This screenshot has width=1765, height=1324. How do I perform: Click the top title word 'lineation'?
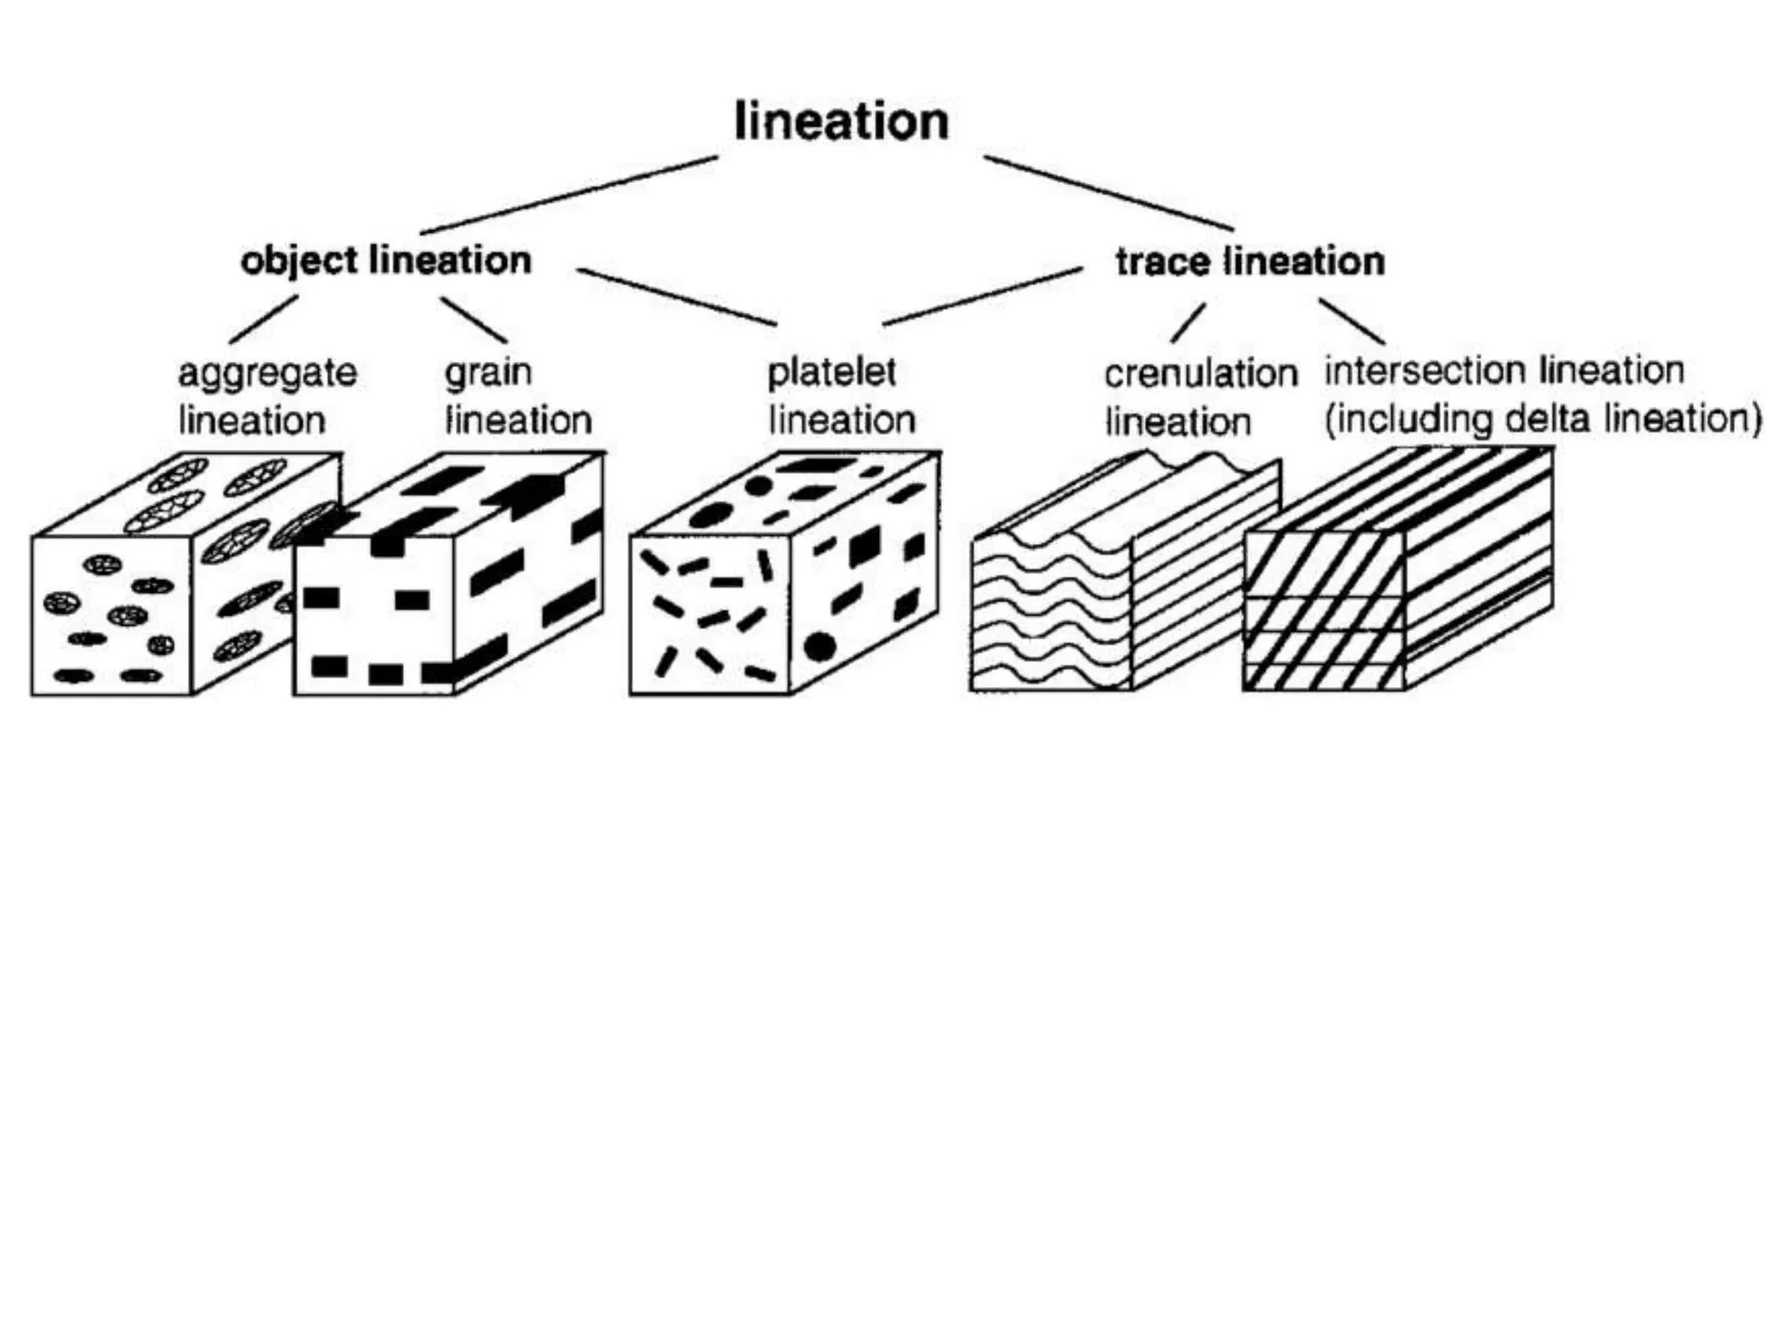(841, 122)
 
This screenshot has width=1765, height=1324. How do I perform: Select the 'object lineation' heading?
(386, 260)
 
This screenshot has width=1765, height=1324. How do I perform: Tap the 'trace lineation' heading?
(1250, 261)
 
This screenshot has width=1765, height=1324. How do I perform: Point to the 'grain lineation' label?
(517, 397)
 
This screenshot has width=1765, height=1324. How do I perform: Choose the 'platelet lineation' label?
(840, 397)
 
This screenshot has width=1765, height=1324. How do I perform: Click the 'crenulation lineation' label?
(1200, 397)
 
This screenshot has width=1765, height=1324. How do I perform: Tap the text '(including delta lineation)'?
(1542, 420)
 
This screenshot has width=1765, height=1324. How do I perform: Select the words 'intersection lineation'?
(1504, 371)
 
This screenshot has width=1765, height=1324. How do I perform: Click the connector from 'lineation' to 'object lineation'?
(569, 195)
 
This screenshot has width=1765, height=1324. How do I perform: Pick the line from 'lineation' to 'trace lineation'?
(1108, 193)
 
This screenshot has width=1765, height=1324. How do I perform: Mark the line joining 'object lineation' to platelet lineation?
(677, 297)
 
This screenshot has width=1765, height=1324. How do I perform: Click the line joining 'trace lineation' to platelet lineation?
(982, 297)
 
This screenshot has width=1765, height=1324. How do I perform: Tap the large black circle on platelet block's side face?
(820, 646)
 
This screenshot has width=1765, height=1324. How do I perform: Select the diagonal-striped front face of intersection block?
(1323, 612)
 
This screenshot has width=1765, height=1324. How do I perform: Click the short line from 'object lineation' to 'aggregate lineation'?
(264, 320)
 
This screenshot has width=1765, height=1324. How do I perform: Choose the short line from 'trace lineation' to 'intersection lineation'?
(1351, 321)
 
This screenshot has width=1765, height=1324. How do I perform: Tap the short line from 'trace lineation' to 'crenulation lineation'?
(1188, 323)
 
